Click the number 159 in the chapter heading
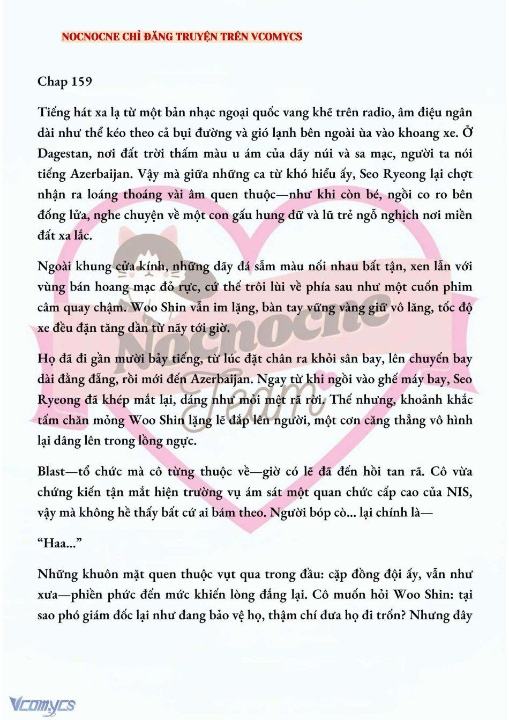click(80, 81)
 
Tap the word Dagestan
click(64, 153)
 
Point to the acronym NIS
click(459, 492)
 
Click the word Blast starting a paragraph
click(50, 472)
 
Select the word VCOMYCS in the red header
click(276, 37)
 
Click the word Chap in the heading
click(52, 81)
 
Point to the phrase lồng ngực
click(170, 441)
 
